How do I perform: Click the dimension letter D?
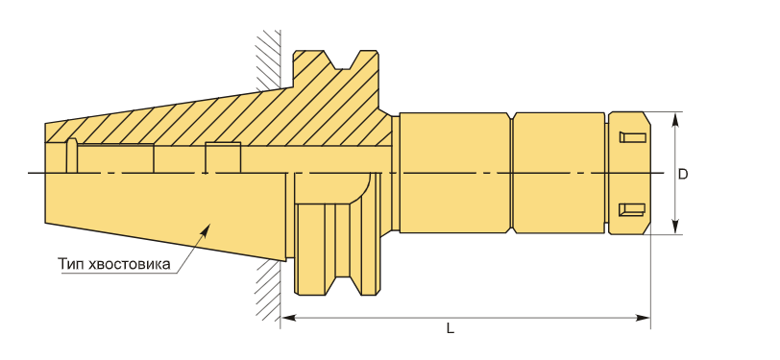coord(683,175)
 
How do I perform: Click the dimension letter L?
coord(451,328)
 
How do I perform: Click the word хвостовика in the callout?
coord(130,264)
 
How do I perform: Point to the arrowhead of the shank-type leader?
coord(207,228)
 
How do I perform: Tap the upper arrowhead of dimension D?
coord(675,119)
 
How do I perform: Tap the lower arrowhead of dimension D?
coord(675,227)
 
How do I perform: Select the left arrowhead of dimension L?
coord(288,317)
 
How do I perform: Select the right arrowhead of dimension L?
coord(644,317)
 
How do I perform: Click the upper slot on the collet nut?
coord(633,136)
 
